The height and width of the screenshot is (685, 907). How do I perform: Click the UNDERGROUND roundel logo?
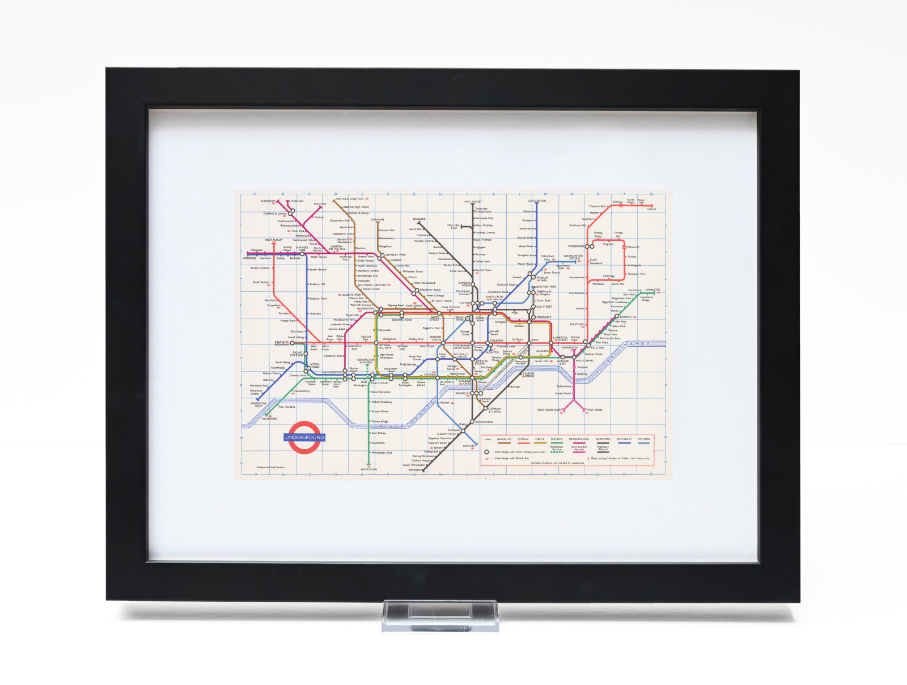click(304, 437)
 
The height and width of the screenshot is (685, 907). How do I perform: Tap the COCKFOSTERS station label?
click(536, 201)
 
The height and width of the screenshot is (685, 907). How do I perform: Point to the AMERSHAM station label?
click(268, 201)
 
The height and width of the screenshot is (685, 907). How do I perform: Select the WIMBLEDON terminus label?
click(368, 469)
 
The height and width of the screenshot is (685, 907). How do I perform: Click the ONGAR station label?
click(651, 209)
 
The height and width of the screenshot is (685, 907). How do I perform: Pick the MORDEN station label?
click(415, 470)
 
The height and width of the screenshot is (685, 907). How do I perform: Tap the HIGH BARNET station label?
click(472, 201)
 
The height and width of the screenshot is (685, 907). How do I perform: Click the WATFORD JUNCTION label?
click(350, 199)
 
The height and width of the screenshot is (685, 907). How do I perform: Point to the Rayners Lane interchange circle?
click(302, 254)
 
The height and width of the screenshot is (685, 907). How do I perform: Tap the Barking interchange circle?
click(617, 317)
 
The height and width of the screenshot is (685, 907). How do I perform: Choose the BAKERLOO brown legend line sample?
click(504, 444)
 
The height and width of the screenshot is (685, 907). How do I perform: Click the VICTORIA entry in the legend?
click(643, 439)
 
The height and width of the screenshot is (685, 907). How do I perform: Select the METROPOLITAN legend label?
click(579, 439)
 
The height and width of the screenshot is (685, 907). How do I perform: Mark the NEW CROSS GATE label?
click(549, 410)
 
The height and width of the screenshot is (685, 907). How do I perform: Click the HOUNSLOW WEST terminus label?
click(258, 405)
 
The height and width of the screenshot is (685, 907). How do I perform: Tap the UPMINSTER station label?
click(652, 290)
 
